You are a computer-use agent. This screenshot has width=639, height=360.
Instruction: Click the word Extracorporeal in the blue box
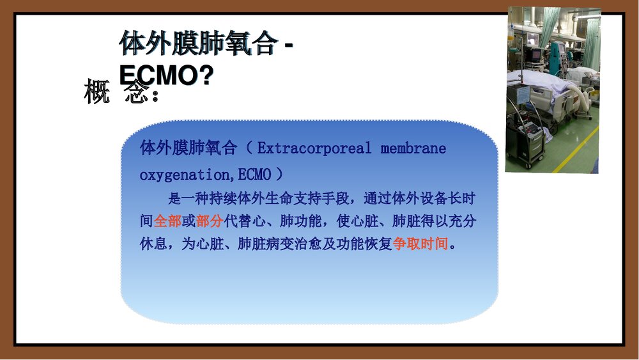click(314, 149)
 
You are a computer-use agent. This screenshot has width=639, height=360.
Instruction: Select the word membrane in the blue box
click(413, 149)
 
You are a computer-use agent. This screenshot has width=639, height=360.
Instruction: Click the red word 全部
click(167, 221)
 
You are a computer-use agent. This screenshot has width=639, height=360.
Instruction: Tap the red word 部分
click(210, 221)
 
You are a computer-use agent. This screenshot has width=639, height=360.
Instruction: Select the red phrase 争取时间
click(420, 244)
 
